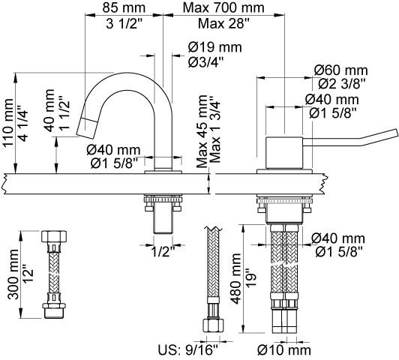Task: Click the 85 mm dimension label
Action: click(124, 8)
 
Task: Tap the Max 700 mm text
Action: click(223, 8)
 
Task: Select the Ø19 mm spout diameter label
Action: click(215, 47)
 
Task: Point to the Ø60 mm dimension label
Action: click(341, 70)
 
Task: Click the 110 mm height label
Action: click(7, 123)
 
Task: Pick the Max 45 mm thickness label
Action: click(202, 131)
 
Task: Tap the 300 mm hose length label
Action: click(13, 274)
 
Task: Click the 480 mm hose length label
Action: click(235, 279)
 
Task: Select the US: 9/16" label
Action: click(188, 350)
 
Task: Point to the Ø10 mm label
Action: click(284, 350)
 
